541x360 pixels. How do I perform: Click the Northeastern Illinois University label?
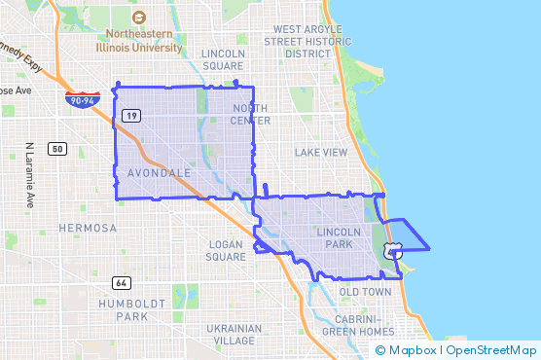pos(138,39)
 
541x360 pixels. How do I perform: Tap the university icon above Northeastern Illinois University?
pos(138,18)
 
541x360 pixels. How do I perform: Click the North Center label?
pos(250,114)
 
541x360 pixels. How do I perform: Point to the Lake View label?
pos(321,152)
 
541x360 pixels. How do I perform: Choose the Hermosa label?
pos(88,228)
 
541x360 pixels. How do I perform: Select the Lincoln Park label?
pos(339,238)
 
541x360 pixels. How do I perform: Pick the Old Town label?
pos(365,291)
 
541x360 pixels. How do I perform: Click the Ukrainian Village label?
pos(234,335)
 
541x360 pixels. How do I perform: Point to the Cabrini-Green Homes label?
pos(358,325)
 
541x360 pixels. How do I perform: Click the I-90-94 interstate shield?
pos(81,98)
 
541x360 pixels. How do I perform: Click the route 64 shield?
pos(121,283)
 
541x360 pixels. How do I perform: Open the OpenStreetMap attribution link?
pos(491,350)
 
